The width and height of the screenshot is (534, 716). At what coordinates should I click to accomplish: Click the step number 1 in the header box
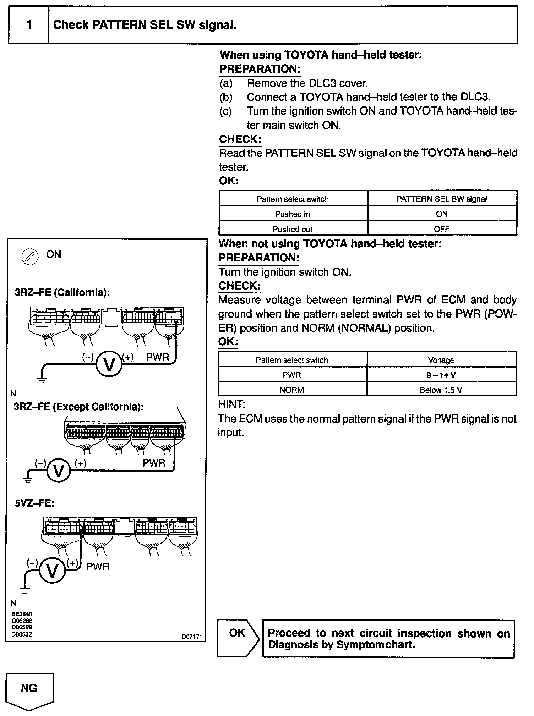tap(29, 25)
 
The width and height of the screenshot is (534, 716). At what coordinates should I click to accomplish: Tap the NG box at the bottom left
tap(29, 688)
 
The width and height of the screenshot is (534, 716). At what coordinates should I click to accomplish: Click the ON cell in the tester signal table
tap(442, 214)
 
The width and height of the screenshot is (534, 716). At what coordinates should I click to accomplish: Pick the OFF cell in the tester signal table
tap(442, 229)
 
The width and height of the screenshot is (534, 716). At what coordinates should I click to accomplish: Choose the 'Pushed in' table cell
tap(293, 214)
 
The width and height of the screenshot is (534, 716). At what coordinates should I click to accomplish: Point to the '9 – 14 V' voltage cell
tap(441, 375)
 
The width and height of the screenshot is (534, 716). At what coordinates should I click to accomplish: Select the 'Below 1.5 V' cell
tap(441, 390)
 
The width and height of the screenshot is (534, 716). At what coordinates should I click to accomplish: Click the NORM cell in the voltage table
tap(292, 390)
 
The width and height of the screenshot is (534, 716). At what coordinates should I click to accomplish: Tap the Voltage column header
tap(441, 360)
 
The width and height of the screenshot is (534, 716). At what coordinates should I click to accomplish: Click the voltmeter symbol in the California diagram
tap(109, 364)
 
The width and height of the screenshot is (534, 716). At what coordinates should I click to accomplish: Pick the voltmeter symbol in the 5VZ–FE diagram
tap(52, 571)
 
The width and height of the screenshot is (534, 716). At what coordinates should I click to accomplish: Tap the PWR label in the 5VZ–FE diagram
tap(98, 567)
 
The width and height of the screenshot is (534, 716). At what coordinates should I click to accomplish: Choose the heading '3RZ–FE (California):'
tap(62, 292)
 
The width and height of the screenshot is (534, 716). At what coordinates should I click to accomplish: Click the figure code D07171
tap(192, 637)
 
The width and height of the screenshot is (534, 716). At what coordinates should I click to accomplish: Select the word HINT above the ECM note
tap(231, 404)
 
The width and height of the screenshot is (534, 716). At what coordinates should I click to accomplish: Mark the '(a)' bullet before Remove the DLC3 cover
tap(226, 83)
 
